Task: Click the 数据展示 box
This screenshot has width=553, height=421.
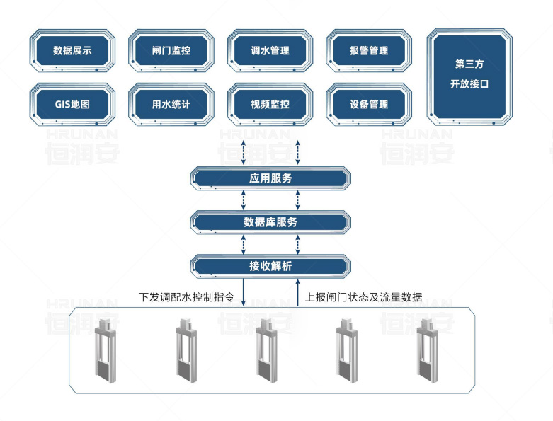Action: click(72, 51)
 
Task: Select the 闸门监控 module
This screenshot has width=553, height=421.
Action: click(171, 51)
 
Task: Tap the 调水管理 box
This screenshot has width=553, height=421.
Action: click(270, 51)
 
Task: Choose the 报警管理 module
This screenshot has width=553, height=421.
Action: click(369, 51)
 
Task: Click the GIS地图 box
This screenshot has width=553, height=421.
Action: click(72, 105)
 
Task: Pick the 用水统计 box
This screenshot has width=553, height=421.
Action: click(171, 105)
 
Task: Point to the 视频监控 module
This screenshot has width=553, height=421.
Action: click(270, 105)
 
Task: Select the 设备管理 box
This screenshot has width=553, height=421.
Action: click(369, 105)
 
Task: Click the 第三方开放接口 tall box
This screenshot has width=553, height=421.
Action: click(469, 77)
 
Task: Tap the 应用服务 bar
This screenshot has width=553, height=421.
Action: click(270, 178)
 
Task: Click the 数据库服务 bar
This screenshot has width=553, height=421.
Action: click(270, 222)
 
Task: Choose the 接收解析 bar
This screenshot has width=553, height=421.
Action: click(270, 266)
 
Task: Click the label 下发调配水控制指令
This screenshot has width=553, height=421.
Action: click(186, 297)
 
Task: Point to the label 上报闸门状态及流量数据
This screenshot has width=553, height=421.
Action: click(364, 297)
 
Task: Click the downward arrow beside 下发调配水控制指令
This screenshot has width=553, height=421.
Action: click(244, 292)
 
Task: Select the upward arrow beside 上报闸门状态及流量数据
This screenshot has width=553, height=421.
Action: click(297, 292)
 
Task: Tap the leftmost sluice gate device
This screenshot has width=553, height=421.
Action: click(106, 350)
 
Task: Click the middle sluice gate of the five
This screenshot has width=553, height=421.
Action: click(267, 350)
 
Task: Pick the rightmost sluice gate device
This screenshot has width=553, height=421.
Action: click(428, 350)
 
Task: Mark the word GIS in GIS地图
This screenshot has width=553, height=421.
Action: click(62, 105)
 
